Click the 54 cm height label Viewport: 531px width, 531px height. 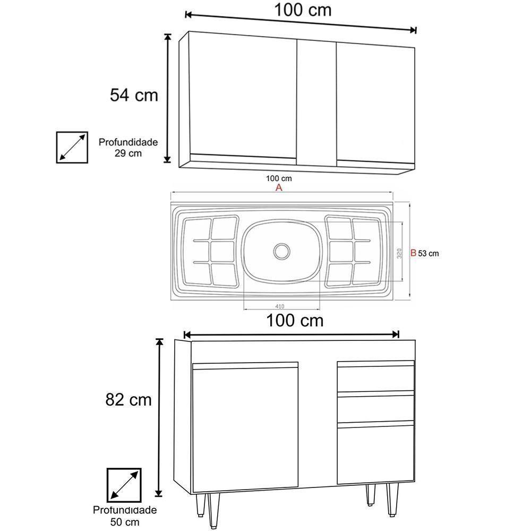pyautogui.click(x=134, y=95)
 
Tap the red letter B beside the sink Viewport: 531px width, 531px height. pyautogui.click(x=413, y=253)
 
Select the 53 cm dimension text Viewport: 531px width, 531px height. pyautogui.click(x=429, y=253)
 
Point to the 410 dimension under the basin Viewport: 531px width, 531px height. pyautogui.click(x=280, y=306)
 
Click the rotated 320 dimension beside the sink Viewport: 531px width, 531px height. pyautogui.click(x=399, y=253)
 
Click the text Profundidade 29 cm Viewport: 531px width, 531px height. pyautogui.click(x=128, y=148)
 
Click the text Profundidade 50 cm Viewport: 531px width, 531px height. pyautogui.click(x=125, y=516)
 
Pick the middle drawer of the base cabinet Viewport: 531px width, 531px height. pyautogui.click(x=375, y=407)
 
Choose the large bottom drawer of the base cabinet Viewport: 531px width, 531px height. pyautogui.click(x=375, y=452)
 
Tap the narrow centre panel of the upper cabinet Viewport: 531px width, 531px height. pyautogui.click(x=315, y=101)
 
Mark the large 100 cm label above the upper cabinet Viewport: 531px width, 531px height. pyautogui.click(x=303, y=10)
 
